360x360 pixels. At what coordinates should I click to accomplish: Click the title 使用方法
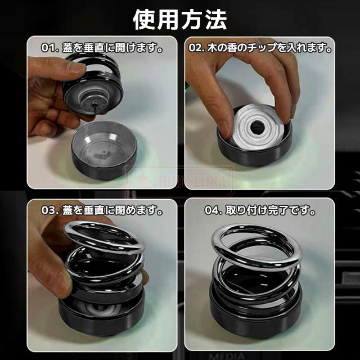tap(180, 20)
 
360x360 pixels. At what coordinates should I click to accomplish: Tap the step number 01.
tap(48, 48)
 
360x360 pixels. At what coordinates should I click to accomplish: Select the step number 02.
tap(196, 48)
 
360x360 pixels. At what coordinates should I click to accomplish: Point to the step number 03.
tap(48, 210)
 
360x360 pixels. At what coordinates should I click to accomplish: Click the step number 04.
tap(211, 210)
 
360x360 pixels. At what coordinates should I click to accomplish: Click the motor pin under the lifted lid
tap(94, 108)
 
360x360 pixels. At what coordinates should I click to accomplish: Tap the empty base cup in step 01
tap(104, 150)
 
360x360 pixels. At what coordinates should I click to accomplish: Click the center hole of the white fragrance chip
tap(258, 128)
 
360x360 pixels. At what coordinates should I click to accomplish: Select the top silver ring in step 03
tap(104, 237)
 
